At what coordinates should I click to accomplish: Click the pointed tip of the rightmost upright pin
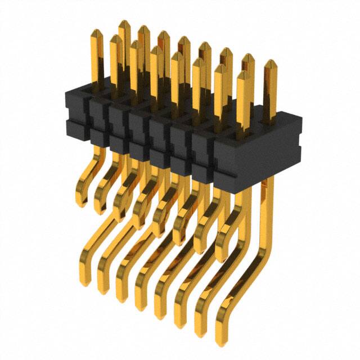pos(270,62)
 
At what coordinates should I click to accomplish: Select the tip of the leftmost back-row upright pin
pos(124,23)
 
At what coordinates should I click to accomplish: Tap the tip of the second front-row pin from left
pos(115,39)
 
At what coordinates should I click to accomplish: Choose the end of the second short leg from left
pos(100,211)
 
